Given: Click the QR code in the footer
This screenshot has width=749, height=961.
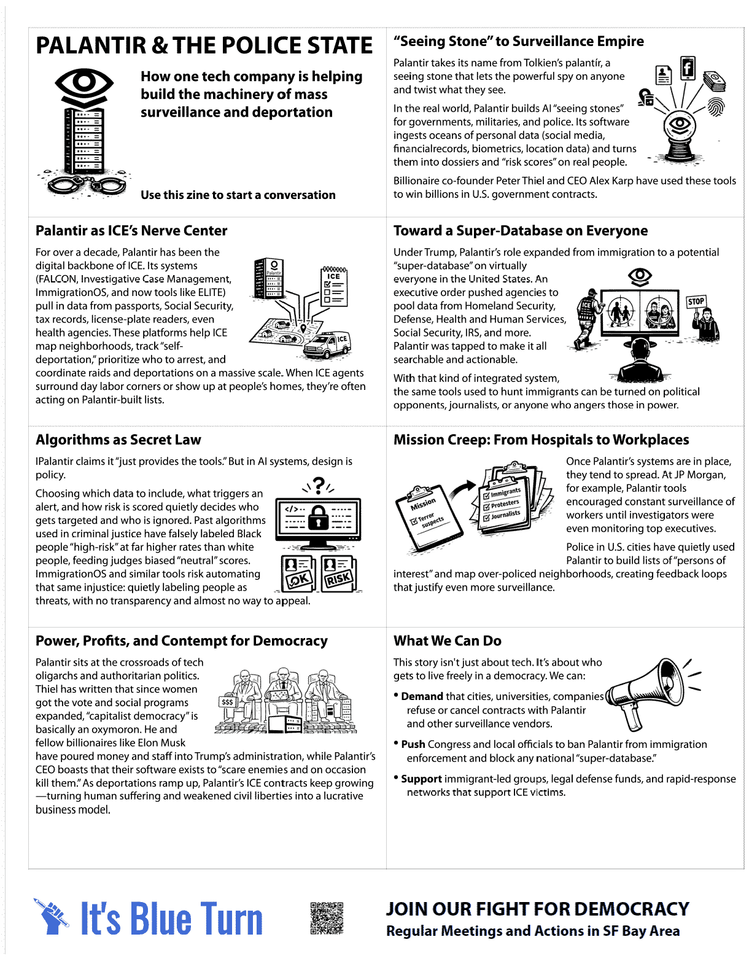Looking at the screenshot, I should (x=327, y=918).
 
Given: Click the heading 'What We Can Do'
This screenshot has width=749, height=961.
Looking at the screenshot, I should (x=447, y=640).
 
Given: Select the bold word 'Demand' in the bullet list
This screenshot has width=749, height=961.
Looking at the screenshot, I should (x=422, y=696).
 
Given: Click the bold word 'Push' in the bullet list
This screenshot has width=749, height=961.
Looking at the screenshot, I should (x=413, y=744).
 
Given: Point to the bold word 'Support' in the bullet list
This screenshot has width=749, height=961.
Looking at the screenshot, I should (x=421, y=779).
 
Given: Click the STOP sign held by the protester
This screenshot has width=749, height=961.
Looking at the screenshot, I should (x=696, y=302).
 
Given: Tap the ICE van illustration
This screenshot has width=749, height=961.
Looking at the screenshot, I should (x=327, y=345).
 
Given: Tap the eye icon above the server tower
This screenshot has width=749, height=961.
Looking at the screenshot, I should (x=84, y=82).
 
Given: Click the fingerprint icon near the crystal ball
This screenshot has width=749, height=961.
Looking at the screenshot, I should (x=716, y=106).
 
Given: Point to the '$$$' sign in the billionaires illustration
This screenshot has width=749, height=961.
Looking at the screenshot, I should (x=227, y=701).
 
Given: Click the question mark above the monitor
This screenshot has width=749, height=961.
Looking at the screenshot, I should (x=319, y=485).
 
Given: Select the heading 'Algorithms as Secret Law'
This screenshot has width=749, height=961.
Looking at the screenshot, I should (x=118, y=440).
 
